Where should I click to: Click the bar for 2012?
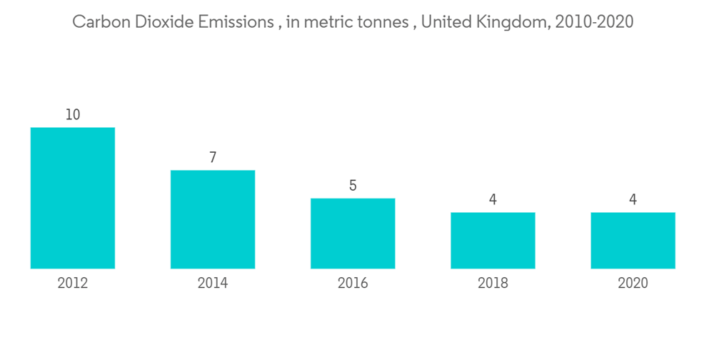73,198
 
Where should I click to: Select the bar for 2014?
213,219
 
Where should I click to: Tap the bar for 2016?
353,234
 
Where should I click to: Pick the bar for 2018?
493,241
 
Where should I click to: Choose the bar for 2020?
633,241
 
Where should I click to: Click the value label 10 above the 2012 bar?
73,114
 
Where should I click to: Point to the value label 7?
213,157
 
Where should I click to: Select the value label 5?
353,186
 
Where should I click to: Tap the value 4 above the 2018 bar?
493,200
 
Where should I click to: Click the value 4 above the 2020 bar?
633,200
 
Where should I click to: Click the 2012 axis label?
73,284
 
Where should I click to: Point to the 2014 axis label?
213,284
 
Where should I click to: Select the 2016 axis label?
353,284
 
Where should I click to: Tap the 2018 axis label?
493,284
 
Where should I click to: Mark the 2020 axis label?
633,284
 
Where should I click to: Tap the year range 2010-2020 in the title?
595,22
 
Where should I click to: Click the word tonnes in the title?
381,22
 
